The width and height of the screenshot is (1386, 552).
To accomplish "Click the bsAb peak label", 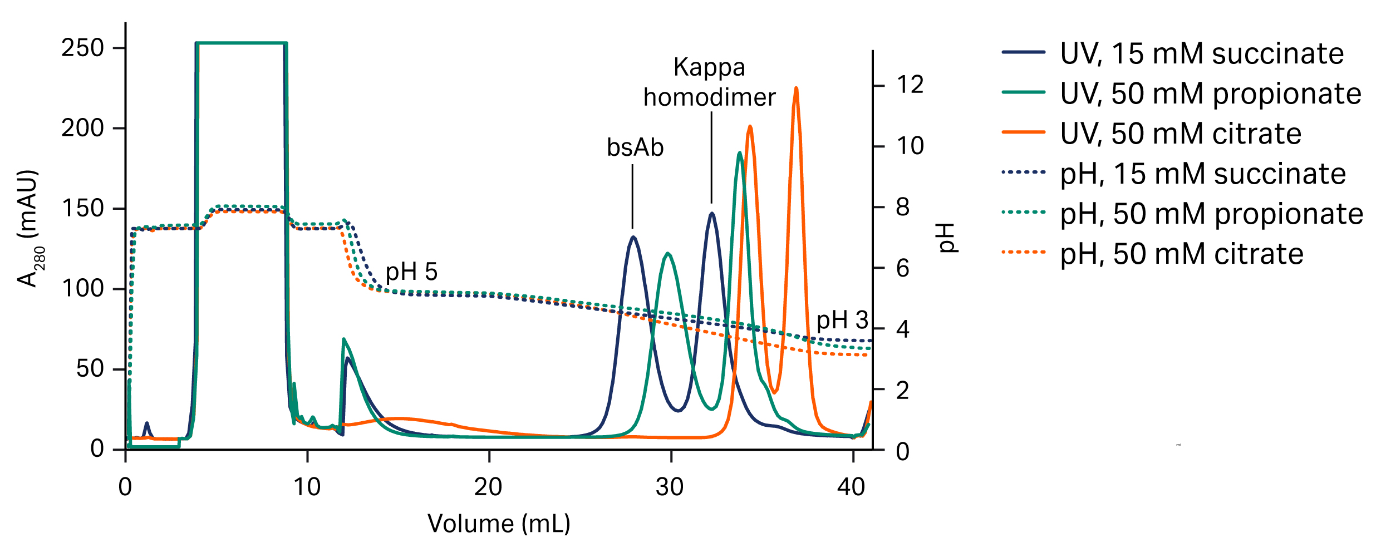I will (x=635, y=148).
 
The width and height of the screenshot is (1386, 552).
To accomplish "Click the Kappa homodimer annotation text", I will (x=709, y=83).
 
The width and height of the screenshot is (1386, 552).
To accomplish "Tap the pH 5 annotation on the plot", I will (x=411, y=272).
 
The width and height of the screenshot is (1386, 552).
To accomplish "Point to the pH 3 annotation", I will (x=842, y=321).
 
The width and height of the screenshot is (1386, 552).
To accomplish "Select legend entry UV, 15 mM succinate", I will (x=1201, y=53).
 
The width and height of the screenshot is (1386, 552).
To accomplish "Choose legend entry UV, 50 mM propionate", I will (x=1210, y=93).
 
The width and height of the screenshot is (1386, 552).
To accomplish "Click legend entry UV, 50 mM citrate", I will (x=1180, y=134).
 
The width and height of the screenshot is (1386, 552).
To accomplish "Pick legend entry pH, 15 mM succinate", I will (x=1202, y=174).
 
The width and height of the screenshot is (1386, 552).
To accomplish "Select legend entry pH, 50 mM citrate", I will (x=1181, y=254).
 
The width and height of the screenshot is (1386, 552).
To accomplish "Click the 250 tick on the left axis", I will (x=83, y=48).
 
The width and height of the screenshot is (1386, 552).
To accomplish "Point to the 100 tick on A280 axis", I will (x=83, y=289).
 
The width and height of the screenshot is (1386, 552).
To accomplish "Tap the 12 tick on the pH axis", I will (x=910, y=85).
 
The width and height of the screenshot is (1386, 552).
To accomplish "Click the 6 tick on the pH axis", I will (x=902, y=269).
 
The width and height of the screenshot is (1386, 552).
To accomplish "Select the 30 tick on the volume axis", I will (x=670, y=487).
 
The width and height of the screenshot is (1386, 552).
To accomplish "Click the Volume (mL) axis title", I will (x=499, y=524).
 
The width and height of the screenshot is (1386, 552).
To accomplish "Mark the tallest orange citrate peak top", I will (x=796, y=88).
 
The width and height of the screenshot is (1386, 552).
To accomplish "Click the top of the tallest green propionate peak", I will (x=739, y=153).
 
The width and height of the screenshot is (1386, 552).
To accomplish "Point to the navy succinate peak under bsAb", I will (x=633, y=238).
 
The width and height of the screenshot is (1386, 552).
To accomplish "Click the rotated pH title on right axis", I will (x=947, y=238).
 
